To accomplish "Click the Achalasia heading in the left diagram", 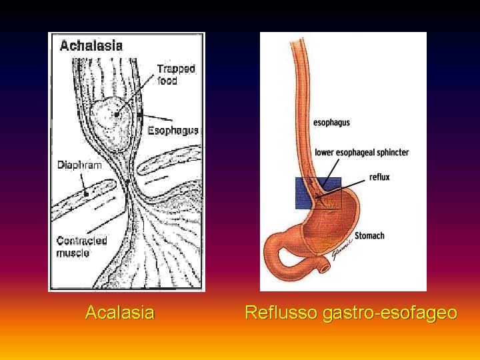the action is coord(91,46).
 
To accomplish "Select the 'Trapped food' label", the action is coord(175,74).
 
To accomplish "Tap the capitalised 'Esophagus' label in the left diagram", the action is coord(173,131).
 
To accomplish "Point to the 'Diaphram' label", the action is coord(79,165).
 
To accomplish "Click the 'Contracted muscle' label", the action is coord(81,247).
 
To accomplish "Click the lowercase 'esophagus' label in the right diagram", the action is coord(331,123).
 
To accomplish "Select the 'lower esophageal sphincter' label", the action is coord(361,153).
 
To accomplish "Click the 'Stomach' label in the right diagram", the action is coord(369,235).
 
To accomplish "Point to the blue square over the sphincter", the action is coord(318,193).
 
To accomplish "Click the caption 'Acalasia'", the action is coord(120,312).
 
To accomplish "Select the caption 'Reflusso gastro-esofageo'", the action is coord(351,312).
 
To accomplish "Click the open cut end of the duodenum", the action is coord(326,267).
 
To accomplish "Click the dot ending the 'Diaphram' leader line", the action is coord(87,194).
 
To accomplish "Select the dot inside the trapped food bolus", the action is coord(116,114).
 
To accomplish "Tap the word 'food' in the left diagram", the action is coord(167,81).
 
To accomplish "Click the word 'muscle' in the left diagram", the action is coord(73,253).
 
